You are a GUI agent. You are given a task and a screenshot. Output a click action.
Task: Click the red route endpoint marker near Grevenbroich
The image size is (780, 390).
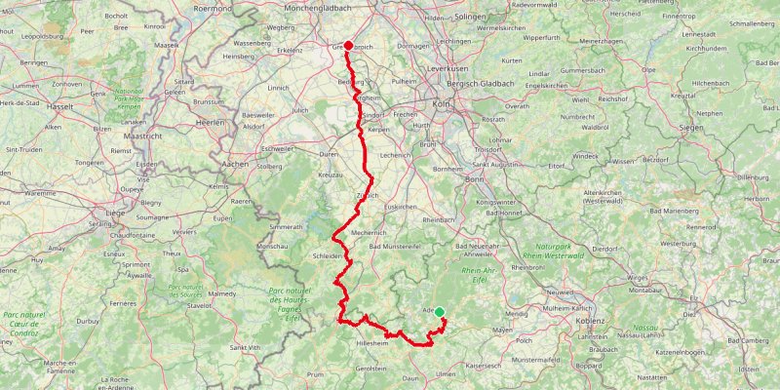click(x=348, y=45)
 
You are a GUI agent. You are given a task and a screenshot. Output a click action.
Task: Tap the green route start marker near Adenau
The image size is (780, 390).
click(x=440, y=312)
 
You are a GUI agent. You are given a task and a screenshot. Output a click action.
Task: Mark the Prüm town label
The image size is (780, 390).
click(x=315, y=373)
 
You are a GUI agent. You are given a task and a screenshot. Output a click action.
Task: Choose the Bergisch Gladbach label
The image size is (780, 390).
click(x=508, y=85)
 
